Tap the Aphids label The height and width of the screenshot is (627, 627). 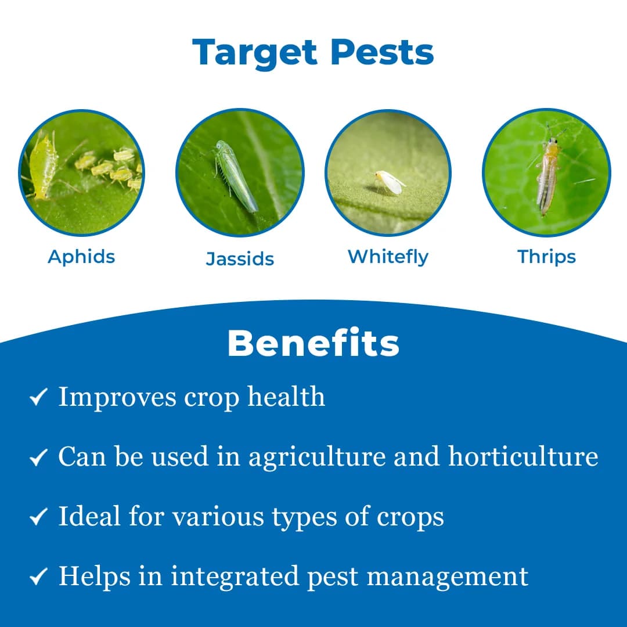pos(81,257)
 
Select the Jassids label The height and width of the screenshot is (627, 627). pos(240,258)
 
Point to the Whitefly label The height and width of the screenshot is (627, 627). pos(388,257)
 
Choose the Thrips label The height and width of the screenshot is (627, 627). pos(546,257)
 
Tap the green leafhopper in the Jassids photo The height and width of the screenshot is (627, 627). pos(235,175)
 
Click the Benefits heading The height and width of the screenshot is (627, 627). pos(313,344)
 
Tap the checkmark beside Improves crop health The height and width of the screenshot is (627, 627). pos(38,398)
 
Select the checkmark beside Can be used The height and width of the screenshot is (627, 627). pos(38,459)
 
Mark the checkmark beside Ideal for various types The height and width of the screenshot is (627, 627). pos(38,517)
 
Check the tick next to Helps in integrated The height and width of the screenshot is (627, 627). pos(38,577)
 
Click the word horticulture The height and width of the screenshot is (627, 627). pos(523,457)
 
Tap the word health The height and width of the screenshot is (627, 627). pos(286,397)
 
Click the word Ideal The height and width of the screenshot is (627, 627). pos(89,516)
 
